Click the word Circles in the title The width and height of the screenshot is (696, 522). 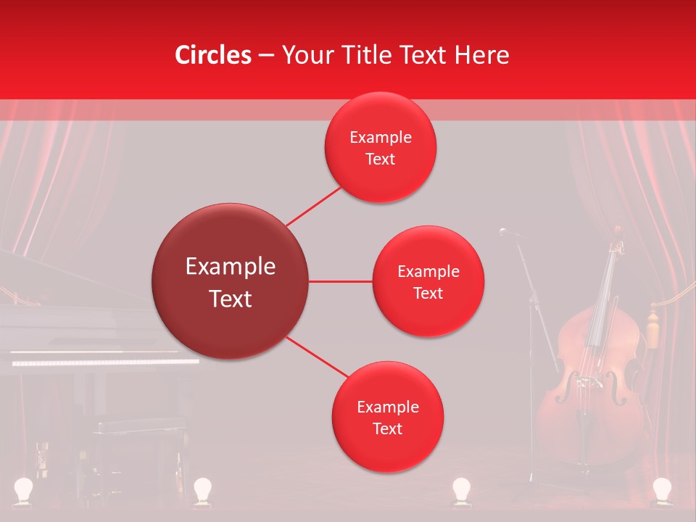point(212,55)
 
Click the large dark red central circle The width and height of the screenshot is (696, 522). point(231,281)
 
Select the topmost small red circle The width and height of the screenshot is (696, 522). point(380,148)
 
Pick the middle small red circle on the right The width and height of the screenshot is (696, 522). point(428,281)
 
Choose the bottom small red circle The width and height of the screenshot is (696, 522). point(387,417)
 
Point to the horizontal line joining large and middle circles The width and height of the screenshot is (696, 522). point(341,281)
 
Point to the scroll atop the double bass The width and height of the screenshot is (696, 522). point(618,233)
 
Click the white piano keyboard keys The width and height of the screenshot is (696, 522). point(105,361)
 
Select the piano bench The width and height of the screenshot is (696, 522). point(138,428)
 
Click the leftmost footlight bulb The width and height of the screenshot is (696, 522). point(25,489)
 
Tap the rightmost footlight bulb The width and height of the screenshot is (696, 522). point(661,489)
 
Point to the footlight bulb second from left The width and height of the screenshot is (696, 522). point(202,489)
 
